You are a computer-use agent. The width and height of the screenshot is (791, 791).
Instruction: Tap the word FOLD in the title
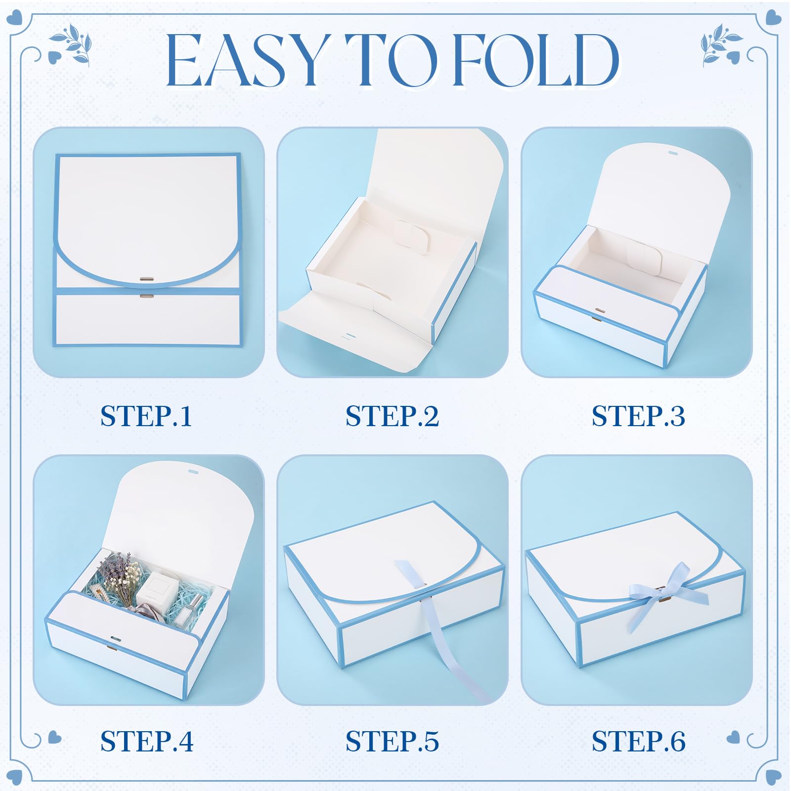[536, 60]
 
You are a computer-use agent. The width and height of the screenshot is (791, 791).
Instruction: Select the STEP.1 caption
[146, 416]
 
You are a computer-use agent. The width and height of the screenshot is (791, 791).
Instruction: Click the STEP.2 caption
[392, 416]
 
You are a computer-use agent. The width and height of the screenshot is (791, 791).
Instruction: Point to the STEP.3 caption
[638, 416]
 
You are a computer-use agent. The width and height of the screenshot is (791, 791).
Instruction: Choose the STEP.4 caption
[147, 741]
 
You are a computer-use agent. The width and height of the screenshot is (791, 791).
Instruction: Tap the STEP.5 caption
[392, 741]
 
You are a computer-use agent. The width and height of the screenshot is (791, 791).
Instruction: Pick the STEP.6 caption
[638, 741]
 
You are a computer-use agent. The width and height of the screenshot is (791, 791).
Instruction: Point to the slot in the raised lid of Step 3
[672, 153]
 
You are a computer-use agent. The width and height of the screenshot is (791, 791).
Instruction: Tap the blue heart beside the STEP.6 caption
[734, 738]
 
